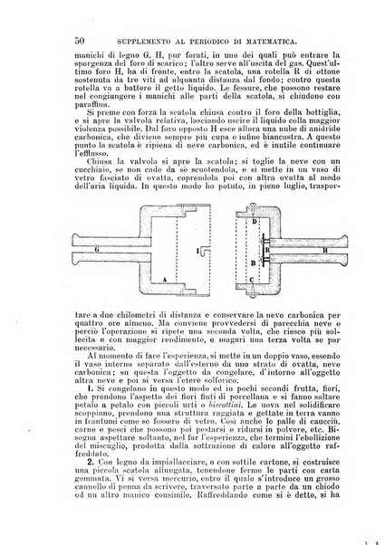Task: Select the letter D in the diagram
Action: [255, 223]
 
